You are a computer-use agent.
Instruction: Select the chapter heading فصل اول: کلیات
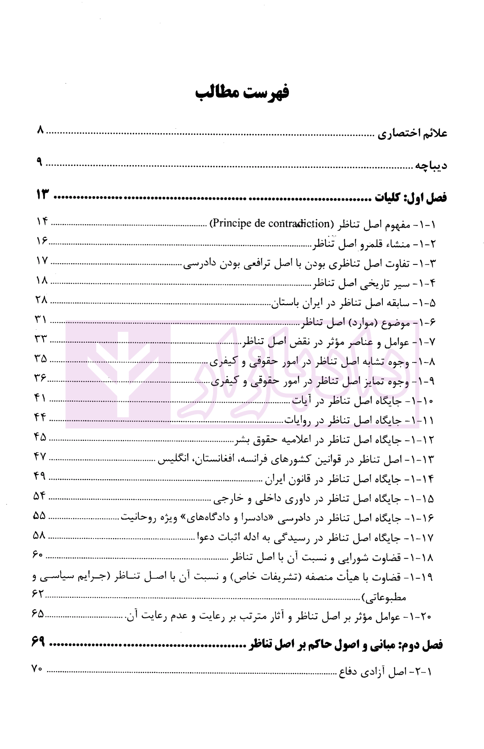click(x=411, y=198)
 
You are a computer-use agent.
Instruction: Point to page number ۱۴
click(x=42, y=221)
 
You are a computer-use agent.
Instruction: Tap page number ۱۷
click(x=42, y=261)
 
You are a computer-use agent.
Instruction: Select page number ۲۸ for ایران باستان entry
click(x=42, y=300)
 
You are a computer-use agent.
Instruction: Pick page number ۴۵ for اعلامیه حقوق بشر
click(x=41, y=437)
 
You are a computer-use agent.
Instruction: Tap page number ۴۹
click(x=41, y=476)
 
